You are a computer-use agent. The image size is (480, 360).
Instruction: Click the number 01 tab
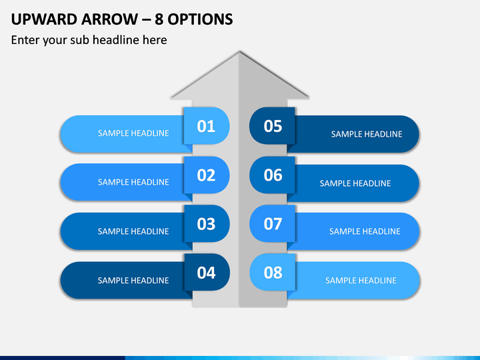click(206, 126)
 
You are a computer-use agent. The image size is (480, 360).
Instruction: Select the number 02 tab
click(206, 175)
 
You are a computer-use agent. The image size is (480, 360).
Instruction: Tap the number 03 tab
click(206, 224)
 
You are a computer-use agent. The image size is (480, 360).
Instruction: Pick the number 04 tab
click(206, 273)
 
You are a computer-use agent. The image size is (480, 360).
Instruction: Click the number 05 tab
click(273, 126)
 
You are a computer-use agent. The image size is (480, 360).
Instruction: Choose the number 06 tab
click(273, 175)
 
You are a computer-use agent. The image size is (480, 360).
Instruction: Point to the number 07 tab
click(273, 224)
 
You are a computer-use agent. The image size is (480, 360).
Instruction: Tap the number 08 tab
click(273, 273)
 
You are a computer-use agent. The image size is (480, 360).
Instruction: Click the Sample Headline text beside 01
click(133, 133)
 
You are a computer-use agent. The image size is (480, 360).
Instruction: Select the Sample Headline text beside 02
click(133, 182)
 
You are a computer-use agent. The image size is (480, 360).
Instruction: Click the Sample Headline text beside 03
click(133, 231)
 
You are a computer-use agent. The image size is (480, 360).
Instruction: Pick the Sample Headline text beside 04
click(133, 281)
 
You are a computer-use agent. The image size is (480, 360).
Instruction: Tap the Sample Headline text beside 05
click(367, 134)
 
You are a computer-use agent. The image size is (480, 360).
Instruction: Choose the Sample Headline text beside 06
click(355, 183)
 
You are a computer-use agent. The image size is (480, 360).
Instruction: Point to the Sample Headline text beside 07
click(365, 231)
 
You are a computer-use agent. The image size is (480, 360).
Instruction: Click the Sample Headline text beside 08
click(361, 281)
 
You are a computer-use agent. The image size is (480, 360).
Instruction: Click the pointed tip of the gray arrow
click(239, 52)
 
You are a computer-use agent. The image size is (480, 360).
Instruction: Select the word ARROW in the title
click(109, 19)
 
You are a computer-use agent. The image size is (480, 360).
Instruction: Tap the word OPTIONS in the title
click(200, 19)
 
